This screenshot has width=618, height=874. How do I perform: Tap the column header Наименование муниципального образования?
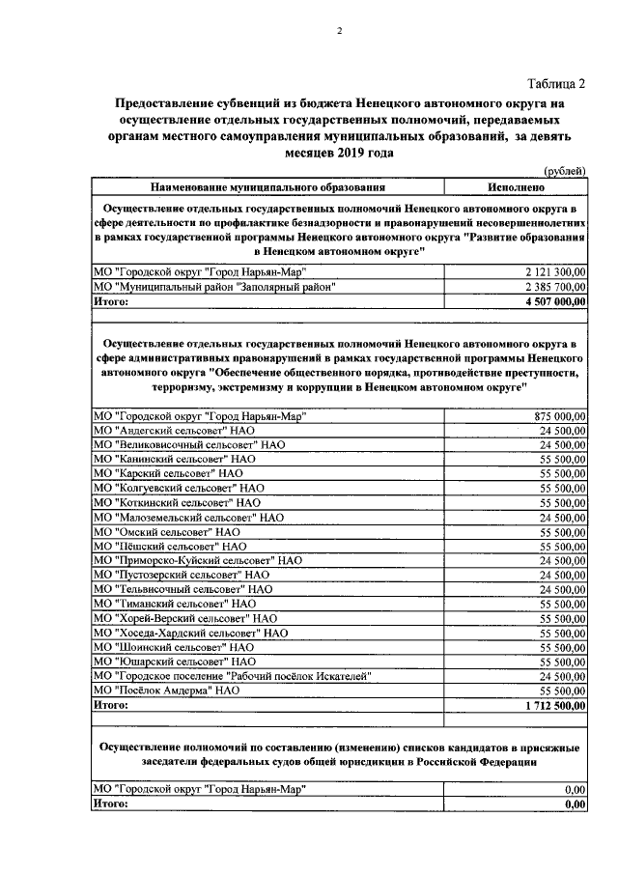click(x=267, y=186)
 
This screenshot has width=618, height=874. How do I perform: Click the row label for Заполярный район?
click(x=214, y=287)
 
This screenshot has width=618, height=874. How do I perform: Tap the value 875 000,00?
click(x=560, y=415)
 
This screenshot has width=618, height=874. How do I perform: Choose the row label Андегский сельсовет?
click(x=175, y=430)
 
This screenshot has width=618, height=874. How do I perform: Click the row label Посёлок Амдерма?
click(x=165, y=691)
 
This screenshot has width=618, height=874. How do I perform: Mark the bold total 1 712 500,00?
click(x=554, y=705)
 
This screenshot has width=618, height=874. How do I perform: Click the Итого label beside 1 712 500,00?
click(x=109, y=705)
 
